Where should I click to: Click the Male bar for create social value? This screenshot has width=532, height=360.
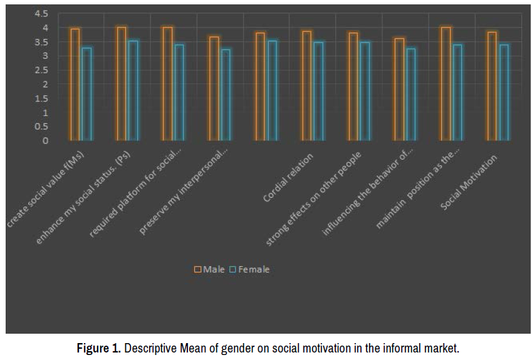tap(75, 85)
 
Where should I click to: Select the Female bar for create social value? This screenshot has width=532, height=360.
tap(87, 94)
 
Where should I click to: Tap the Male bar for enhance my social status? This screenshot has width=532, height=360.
tap(122, 84)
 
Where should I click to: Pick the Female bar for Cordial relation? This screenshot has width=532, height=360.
tap(318, 91)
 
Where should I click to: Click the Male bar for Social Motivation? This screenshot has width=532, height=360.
tap(492, 86)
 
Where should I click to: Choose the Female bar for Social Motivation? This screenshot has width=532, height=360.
tap(504, 93)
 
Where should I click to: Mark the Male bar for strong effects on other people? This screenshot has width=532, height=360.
tap(353, 86)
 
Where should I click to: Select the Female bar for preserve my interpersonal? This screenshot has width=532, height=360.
tap(226, 95)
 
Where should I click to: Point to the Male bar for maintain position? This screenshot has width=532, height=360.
tap(446, 84)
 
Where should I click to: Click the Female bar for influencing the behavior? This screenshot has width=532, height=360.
tap(411, 95)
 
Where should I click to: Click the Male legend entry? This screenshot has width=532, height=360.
tap(209, 269)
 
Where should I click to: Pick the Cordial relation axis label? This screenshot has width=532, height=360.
tap(289, 177)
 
